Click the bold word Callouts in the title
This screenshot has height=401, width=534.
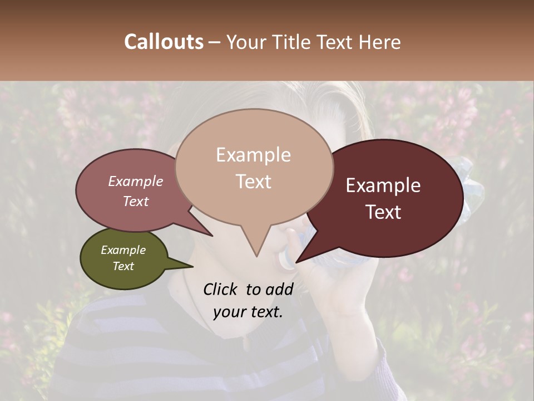[x=164, y=42]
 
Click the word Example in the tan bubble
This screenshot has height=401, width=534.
[x=253, y=155]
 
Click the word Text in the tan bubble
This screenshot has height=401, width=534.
[x=253, y=182]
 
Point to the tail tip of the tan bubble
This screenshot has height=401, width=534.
[x=256, y=256]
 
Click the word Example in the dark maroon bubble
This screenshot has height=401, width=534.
[x=383, y=185]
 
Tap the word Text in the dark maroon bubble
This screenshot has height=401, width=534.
[x=383, y=212]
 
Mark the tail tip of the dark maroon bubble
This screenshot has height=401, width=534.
[x=297, y=261]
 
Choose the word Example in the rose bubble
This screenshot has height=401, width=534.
[x=135, y=181]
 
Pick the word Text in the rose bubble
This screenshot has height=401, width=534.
[x=135, y=201]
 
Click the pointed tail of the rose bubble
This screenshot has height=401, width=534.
[x=211, y=235]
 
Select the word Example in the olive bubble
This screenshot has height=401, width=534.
[x=123, y=250]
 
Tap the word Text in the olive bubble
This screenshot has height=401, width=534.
[x=123, y=266]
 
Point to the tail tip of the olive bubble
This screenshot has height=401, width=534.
[x=192, y=266]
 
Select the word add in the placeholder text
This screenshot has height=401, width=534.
[x=279, y=289]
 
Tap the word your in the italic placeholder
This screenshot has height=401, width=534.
[x=229, y=312]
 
